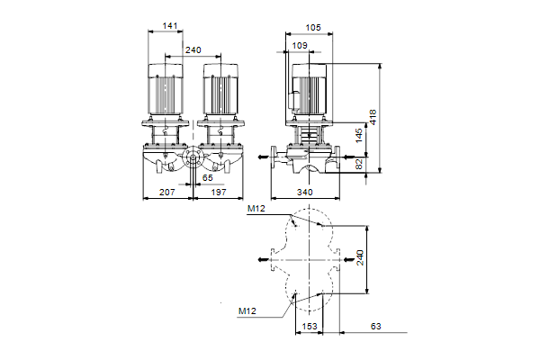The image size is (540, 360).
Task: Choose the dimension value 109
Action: click(300, 44)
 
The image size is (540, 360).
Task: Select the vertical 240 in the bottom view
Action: click(359, 259)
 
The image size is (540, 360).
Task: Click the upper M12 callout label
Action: click(256, 210)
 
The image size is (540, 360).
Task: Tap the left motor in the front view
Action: click(166, 90)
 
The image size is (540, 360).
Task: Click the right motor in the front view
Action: click(220, 90)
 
